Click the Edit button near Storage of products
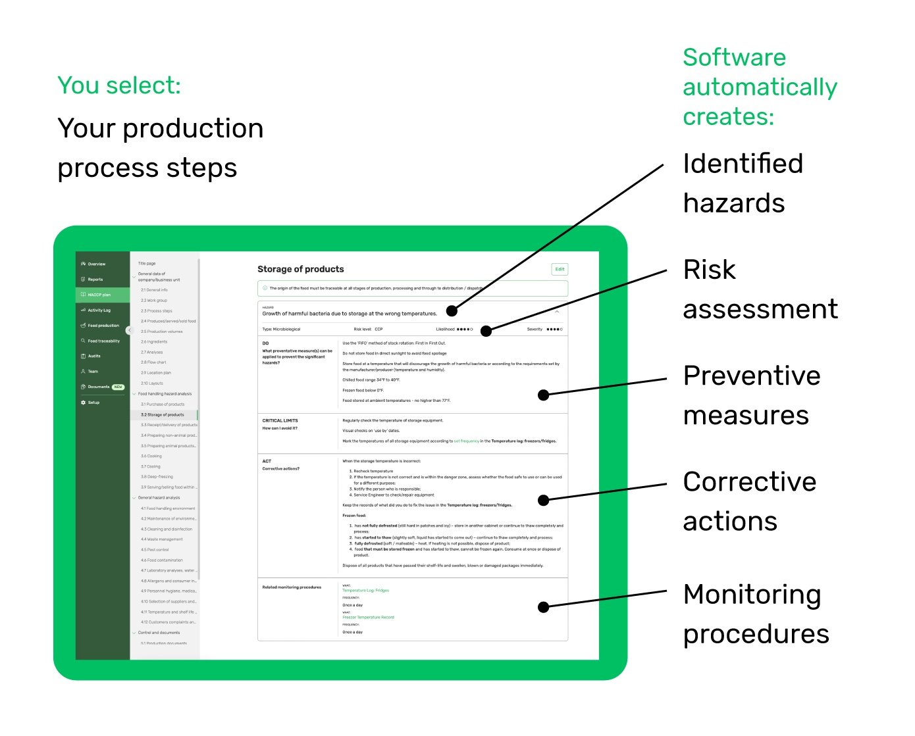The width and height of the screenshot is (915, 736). [559, 269]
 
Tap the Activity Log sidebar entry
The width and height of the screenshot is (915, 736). [99, 310]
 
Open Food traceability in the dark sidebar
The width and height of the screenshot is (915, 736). [103, 341]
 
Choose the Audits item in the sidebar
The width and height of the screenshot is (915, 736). [94, 356]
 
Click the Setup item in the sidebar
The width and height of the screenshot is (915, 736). [93, 403]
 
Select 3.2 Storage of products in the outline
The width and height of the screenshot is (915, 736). [163, 415]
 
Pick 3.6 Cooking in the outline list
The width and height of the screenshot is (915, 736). [151, 456]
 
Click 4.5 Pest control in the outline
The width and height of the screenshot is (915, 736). [155, 550]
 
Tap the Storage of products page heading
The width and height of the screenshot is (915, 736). [300, 269]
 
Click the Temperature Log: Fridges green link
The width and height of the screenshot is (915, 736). [365, 591]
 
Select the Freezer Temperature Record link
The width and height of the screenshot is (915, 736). [368, 618]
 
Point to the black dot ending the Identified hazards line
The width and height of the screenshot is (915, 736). [452, 311]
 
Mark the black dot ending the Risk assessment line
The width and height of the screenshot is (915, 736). [486, 331]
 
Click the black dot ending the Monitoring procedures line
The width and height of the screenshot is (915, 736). [544, 607]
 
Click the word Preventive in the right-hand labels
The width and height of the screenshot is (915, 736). [751, 376]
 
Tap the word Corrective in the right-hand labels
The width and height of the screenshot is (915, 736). [749, 482]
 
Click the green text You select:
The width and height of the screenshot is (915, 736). [118, 86]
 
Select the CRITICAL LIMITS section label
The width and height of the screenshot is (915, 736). [280, 420]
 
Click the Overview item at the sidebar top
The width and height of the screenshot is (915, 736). [96, 264]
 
